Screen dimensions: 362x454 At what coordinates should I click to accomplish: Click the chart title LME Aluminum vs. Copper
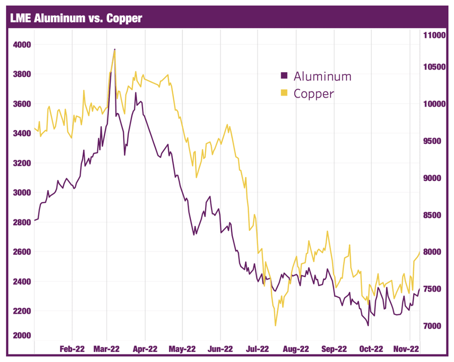[76, 19]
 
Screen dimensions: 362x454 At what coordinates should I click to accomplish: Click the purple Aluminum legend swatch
[284, 76]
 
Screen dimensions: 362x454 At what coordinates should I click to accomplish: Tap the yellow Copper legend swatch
[284, 93]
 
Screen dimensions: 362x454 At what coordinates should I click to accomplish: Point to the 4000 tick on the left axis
[22, 45]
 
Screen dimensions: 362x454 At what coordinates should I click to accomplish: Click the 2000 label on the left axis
[22, 336]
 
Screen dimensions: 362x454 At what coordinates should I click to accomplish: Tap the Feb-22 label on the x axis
[72, 348]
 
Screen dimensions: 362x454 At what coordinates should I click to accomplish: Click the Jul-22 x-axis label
[257, 348]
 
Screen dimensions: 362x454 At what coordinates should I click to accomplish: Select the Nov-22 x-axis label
[407, 348]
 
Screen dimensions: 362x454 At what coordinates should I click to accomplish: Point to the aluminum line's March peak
[115, 49]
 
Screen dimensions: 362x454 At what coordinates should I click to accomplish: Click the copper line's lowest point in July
[276, 326]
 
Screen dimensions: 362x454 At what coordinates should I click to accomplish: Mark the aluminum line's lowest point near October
[368, 326]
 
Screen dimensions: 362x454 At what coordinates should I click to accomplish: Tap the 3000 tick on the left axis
[22, 193]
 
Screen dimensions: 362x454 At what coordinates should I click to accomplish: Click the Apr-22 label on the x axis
[145, 348]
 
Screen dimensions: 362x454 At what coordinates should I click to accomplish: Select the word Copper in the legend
[313, 94]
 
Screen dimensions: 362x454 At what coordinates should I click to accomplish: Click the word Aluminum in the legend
[322, 76]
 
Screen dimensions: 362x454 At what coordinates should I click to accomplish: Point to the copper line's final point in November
[420, 251]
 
